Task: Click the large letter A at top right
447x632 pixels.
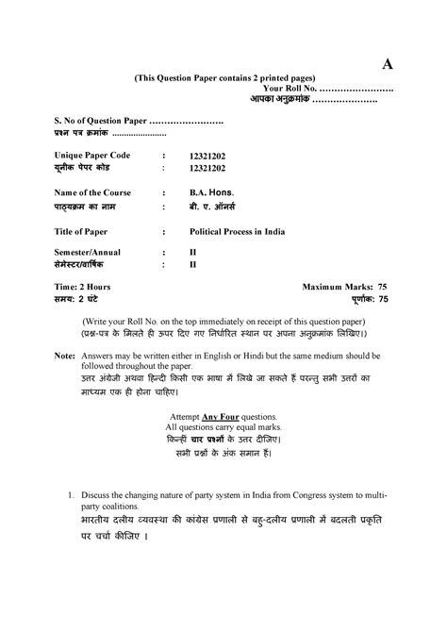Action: click(x=387, y=64)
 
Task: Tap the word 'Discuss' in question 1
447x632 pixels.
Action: click(x=99, y=494)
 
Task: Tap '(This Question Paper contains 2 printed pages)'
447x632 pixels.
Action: click(x=224, y=76)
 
